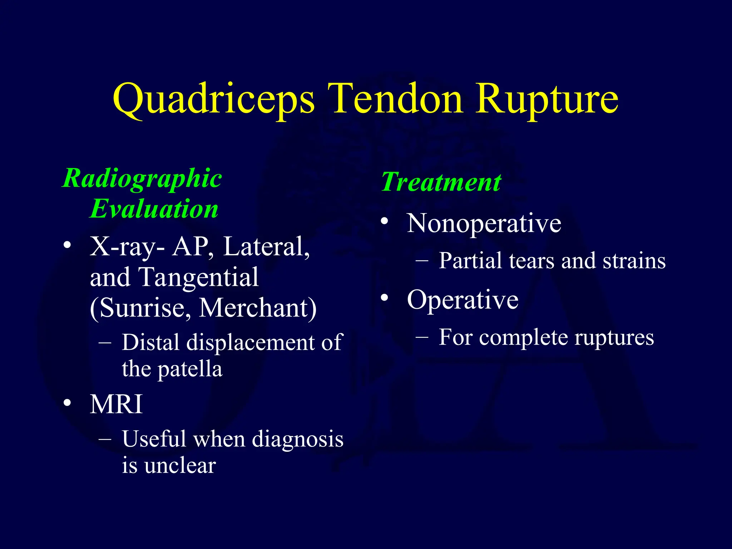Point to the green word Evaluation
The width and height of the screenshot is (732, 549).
point(154,209)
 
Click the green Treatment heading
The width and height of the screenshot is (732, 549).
point(441,182)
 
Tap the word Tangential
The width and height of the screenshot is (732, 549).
point(199,277)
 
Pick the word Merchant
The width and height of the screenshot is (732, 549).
point(257,308)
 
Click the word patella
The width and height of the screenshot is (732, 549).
point(190,369)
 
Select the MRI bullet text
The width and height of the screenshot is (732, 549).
point(117,405)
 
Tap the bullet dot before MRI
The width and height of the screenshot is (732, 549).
point(67,403)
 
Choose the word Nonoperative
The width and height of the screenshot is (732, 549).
point(484,224)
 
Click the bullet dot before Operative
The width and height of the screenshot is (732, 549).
point(385,297)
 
